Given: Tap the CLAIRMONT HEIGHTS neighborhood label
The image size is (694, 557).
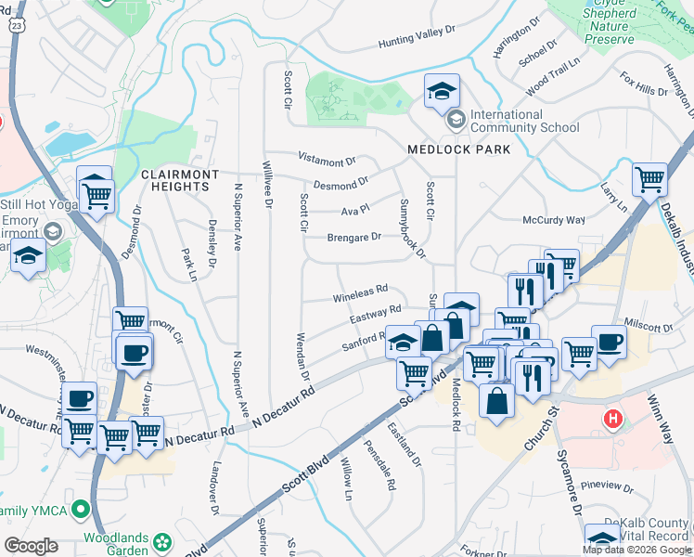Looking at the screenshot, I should pos(180,180).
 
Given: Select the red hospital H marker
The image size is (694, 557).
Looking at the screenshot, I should pos(612,419).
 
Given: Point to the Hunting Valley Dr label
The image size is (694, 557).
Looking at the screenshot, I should pos(417,44).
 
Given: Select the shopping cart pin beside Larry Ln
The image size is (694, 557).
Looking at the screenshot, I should pos(650,178).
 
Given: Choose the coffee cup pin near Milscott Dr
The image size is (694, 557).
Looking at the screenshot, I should pos(609,342).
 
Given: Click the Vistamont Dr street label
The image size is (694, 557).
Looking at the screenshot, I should pos(327,161).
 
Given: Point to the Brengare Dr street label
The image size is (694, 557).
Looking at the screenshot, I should pos(353,237).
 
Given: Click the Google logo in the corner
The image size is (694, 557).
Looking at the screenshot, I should pos(31,545).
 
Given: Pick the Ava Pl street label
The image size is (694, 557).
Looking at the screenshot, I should pos(354,209).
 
